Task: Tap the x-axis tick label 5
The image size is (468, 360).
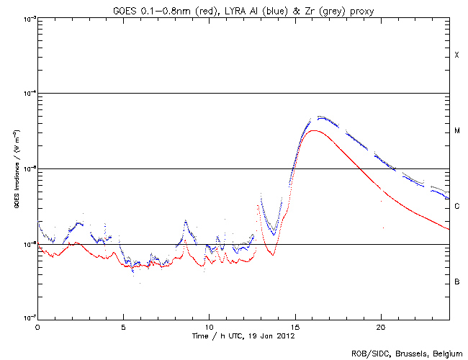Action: click(123, 326)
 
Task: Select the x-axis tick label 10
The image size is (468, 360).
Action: click(209, 326)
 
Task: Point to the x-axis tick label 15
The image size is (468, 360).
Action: click(294, 326)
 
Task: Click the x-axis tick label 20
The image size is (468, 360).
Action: click(380, 326)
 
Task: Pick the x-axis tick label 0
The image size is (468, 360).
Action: click(37, 326)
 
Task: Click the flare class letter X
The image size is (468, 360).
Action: click(456, 55)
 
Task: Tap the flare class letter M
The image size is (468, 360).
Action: click(456, 131)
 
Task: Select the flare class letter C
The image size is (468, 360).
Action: click(456, 207)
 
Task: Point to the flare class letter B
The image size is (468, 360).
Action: click(456, 282)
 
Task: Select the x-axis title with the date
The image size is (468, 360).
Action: click(243, 336)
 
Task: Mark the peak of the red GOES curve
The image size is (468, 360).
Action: click(314, 130)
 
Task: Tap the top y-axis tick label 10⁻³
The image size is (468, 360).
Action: click(28, 18)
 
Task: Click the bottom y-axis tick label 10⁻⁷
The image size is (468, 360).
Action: click(28, 318)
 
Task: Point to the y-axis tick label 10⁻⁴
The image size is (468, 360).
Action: click(28, 94)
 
